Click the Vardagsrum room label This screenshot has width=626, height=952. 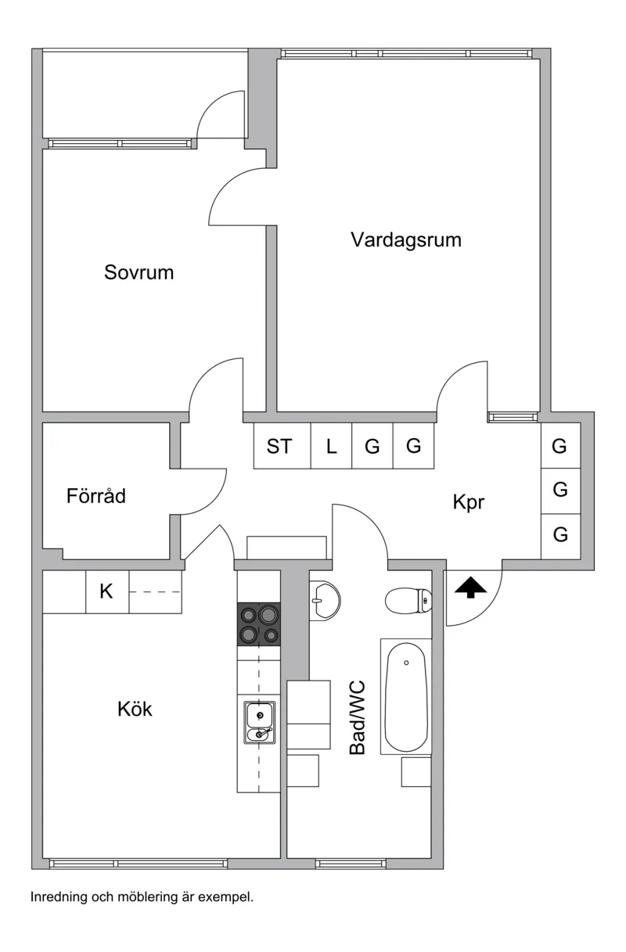tap(405, 239)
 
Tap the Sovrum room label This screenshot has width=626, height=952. tap(139, 273)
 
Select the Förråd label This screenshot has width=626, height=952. tap(96, 496)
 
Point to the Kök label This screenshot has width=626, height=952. tap(135, 710)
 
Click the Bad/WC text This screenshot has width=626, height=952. tap(358, 717)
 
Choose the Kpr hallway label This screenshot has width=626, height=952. tap(469, 502)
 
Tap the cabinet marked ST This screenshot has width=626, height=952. tap(279, 447)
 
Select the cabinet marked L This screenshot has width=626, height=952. tap(331, 447)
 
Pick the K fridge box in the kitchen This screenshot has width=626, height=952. tap(106, 592)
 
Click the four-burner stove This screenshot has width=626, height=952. tap(258, 624)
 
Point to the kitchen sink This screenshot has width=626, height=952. tap(259, 722)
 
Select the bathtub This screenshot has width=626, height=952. tap(406, 696)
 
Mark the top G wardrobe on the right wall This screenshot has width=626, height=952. tap(559, 446)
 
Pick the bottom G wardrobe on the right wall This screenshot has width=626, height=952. tap(560, 535)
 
